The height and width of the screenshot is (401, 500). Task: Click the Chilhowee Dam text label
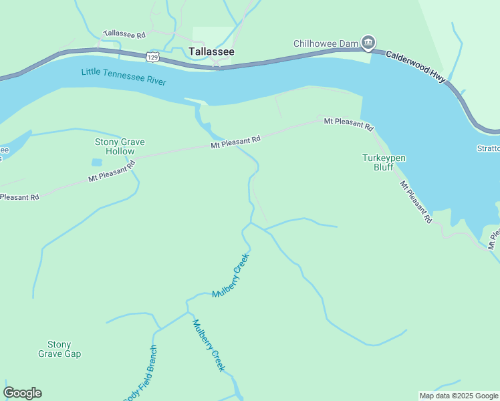coord(326,44)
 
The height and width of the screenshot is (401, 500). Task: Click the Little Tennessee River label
coord(124,77)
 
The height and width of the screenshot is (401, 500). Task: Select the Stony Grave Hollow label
coord(120,146)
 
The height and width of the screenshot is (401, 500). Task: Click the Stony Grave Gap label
coord(59,349)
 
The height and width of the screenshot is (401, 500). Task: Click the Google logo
coord(22,393)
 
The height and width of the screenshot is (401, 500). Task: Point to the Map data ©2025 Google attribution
coord(458,396)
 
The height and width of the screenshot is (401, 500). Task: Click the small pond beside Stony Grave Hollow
coord(98,162)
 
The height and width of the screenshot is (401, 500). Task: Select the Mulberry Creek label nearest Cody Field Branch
coord(209,347)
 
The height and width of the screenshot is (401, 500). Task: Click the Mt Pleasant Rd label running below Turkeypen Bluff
coord(416,202)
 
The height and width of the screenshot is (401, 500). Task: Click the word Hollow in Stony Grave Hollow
coord(120,151)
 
